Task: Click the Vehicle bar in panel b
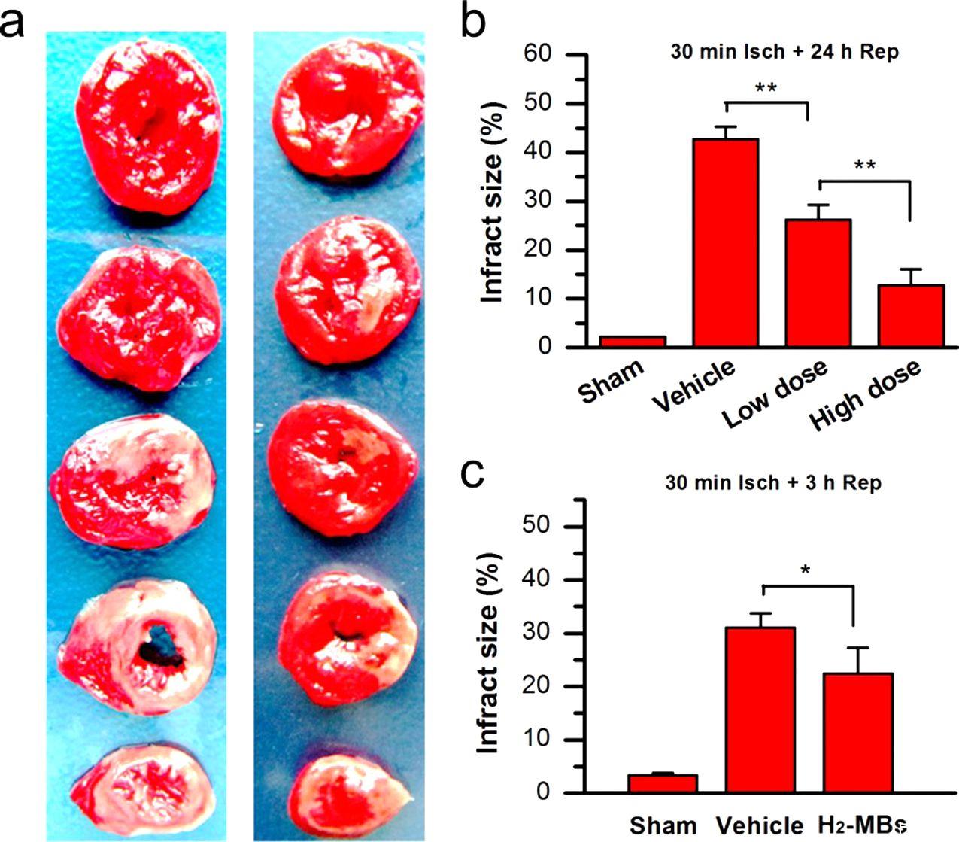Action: point(725,243)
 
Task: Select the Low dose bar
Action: point(818,283)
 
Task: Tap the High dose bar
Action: point(911,316)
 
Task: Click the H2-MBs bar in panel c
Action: point(858,733)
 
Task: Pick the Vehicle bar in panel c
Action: point(760,710)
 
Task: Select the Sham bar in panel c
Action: point(663,783)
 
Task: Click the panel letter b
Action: point(475,24)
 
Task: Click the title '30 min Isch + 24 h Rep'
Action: point(784,53)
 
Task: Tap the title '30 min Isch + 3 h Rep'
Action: point(772,482)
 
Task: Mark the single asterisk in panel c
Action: point(806,572)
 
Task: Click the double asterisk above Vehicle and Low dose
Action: point(766,89)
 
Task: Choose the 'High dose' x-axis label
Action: point(866,394)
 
